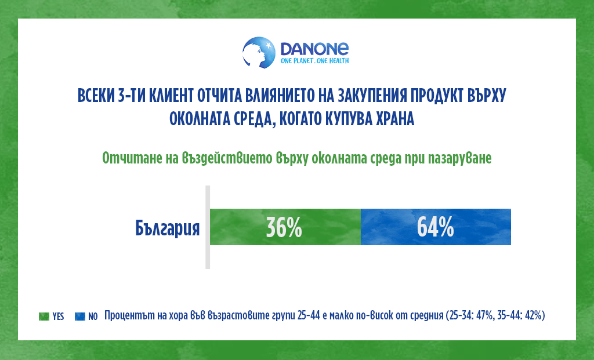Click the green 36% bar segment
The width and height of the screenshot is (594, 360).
point(285,227)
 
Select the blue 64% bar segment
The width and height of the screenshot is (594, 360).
point(436,227)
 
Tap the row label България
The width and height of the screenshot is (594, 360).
point(168,228)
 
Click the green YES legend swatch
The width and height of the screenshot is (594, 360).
point(44,317)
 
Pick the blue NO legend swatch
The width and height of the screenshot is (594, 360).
point(80,317)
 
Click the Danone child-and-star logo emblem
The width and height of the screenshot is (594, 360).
point(259,53)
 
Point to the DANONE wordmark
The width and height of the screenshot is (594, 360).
point(314,49)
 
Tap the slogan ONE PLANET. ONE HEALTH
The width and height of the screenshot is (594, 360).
point(314,61)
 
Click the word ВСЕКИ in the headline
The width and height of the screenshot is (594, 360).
point(96,96)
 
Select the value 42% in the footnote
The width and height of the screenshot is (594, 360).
point(534,315)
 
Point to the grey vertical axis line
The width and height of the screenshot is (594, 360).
point(208,227)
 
